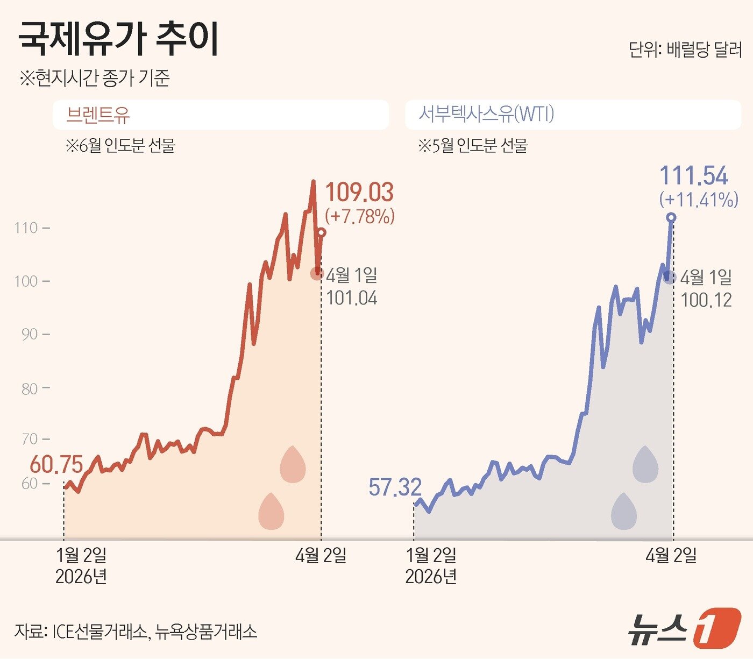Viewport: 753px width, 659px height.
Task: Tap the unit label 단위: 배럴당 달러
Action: (x=685, y=50)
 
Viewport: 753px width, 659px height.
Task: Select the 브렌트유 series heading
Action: (x=98, y=115)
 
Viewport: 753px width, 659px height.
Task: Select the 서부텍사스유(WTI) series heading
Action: (x=486, y=114)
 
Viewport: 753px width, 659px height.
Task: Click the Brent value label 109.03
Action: (x=359, y=193)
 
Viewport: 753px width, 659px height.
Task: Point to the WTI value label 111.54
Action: (x=694, y=176)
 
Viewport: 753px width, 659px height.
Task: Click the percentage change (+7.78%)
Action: (x=360, y=216)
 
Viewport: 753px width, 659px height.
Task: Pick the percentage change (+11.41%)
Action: (x=699, y=200)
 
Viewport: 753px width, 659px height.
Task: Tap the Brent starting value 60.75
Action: (x=56, y=465)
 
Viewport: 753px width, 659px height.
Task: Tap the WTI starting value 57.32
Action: (x=395, y=487)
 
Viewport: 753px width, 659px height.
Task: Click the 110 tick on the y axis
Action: (x=26, y=228)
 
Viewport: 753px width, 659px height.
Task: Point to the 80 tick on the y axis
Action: (x=30, y=388)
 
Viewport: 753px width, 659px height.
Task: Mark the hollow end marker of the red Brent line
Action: (x=321, y=232)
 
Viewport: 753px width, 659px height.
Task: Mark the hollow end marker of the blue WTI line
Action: (x=671, y=217)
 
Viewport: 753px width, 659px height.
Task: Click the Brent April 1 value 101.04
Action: (x=352, y=298)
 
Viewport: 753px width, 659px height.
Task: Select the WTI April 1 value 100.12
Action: (x=706, y=300)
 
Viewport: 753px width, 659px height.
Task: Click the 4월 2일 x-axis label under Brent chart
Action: (x=321, y=556)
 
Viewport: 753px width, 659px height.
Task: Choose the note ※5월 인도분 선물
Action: (x=473, y=146)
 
